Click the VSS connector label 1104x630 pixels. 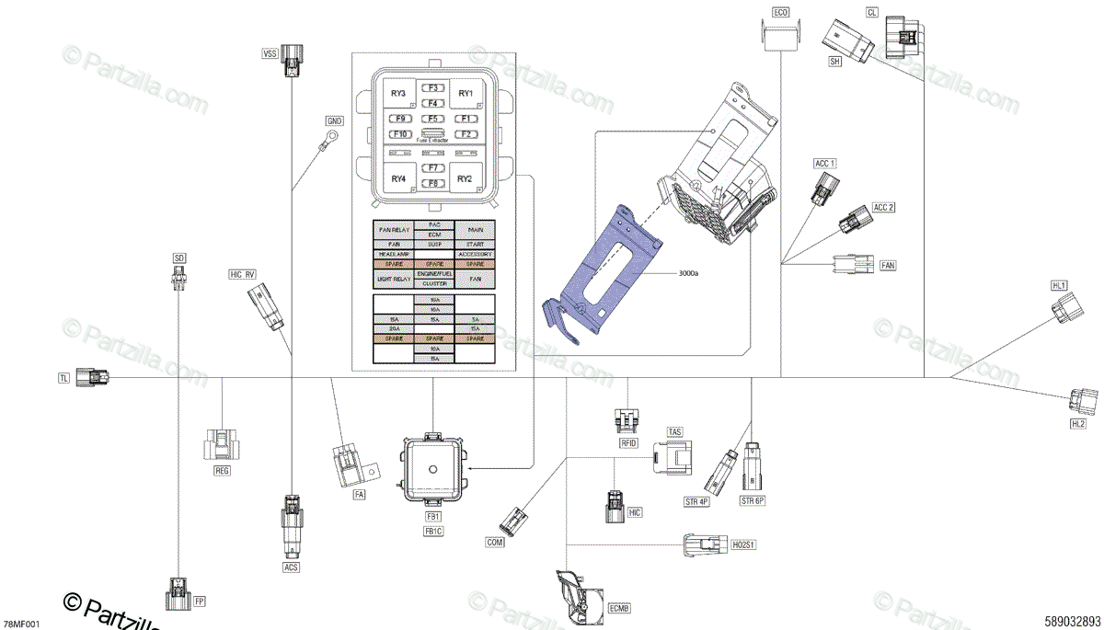click(x=270, y=54)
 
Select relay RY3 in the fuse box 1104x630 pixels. click(x=397, y=94)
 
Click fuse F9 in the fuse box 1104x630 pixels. click(x=399, y=119)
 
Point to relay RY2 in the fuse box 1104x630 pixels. click(x=465, y=178)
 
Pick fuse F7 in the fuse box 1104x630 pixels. click(x=432, y=168)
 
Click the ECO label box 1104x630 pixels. click(x=780, y=14)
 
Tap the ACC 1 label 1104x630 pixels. click(x=825, y=164)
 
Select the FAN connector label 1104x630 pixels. click(x=888, y=266)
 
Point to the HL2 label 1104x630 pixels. click(x=1078, y=424)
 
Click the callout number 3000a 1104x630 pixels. click(x=689, y=273)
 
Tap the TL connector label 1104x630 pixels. click(x=63, y=378)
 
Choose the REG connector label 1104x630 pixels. click(x=222, y=470)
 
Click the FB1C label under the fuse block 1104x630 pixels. click(x=433, y=532)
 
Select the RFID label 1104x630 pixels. click(x=629, y=443)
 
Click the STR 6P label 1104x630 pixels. click(x=753, y=501)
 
